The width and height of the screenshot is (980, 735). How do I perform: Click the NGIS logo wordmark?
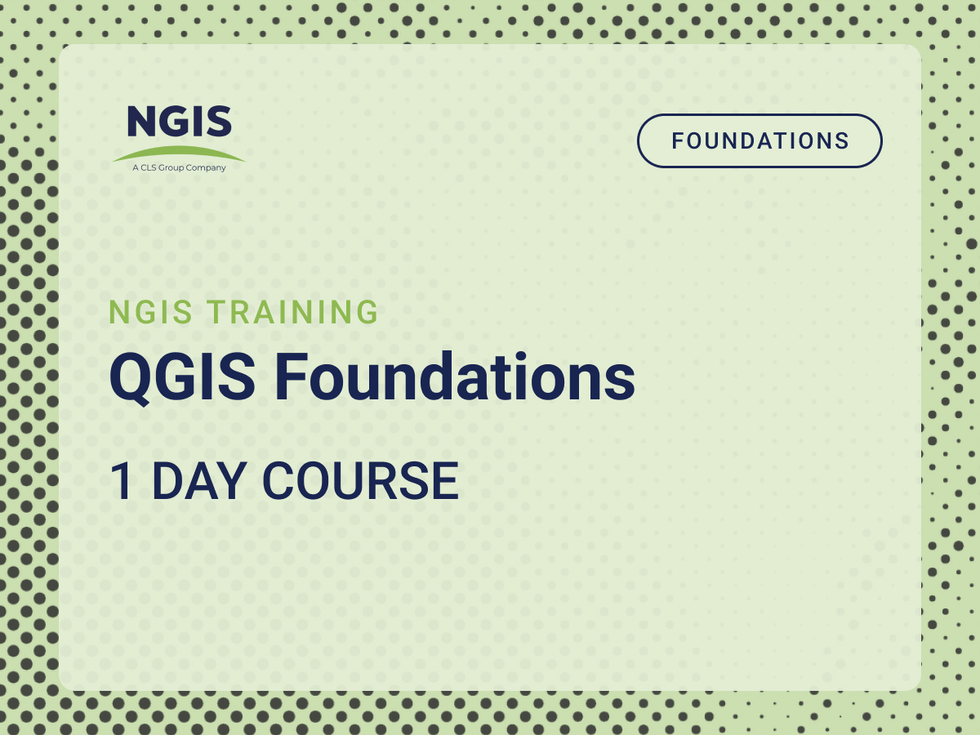pos(180,121)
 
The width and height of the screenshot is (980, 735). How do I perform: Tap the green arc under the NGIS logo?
pos(179,152)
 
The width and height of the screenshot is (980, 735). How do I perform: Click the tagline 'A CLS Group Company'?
pos(179,167)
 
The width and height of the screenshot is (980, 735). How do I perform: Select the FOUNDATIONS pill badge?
pos(759,141)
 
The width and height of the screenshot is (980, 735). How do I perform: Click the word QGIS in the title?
pos(182,377)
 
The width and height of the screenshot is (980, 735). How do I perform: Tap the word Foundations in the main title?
pos(455,377)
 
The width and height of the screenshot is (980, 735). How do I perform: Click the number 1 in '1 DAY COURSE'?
pos(122,481)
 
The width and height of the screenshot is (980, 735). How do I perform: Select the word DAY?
pos(199,481)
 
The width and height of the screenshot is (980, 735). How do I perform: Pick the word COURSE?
pos(361,481)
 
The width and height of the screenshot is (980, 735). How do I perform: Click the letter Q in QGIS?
pos(130,378)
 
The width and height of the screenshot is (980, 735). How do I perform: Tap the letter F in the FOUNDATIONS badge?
pos(679,141)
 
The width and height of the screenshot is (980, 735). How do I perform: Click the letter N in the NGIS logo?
pos(141,121)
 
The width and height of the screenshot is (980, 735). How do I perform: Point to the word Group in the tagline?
pos(171,168)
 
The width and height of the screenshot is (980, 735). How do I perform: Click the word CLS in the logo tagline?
pos(149,167)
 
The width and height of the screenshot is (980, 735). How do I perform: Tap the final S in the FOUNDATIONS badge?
pos(842,141)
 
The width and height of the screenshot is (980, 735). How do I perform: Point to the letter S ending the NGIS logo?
pos(219,121)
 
